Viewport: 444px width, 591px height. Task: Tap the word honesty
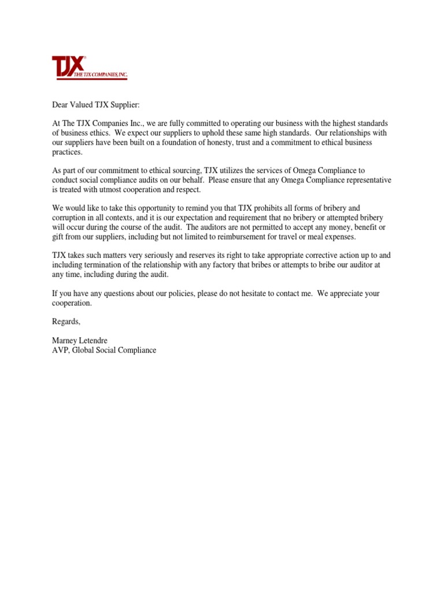231,143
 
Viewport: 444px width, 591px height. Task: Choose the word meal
313,237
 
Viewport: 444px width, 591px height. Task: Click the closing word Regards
66,321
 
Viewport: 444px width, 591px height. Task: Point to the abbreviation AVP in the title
60,350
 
